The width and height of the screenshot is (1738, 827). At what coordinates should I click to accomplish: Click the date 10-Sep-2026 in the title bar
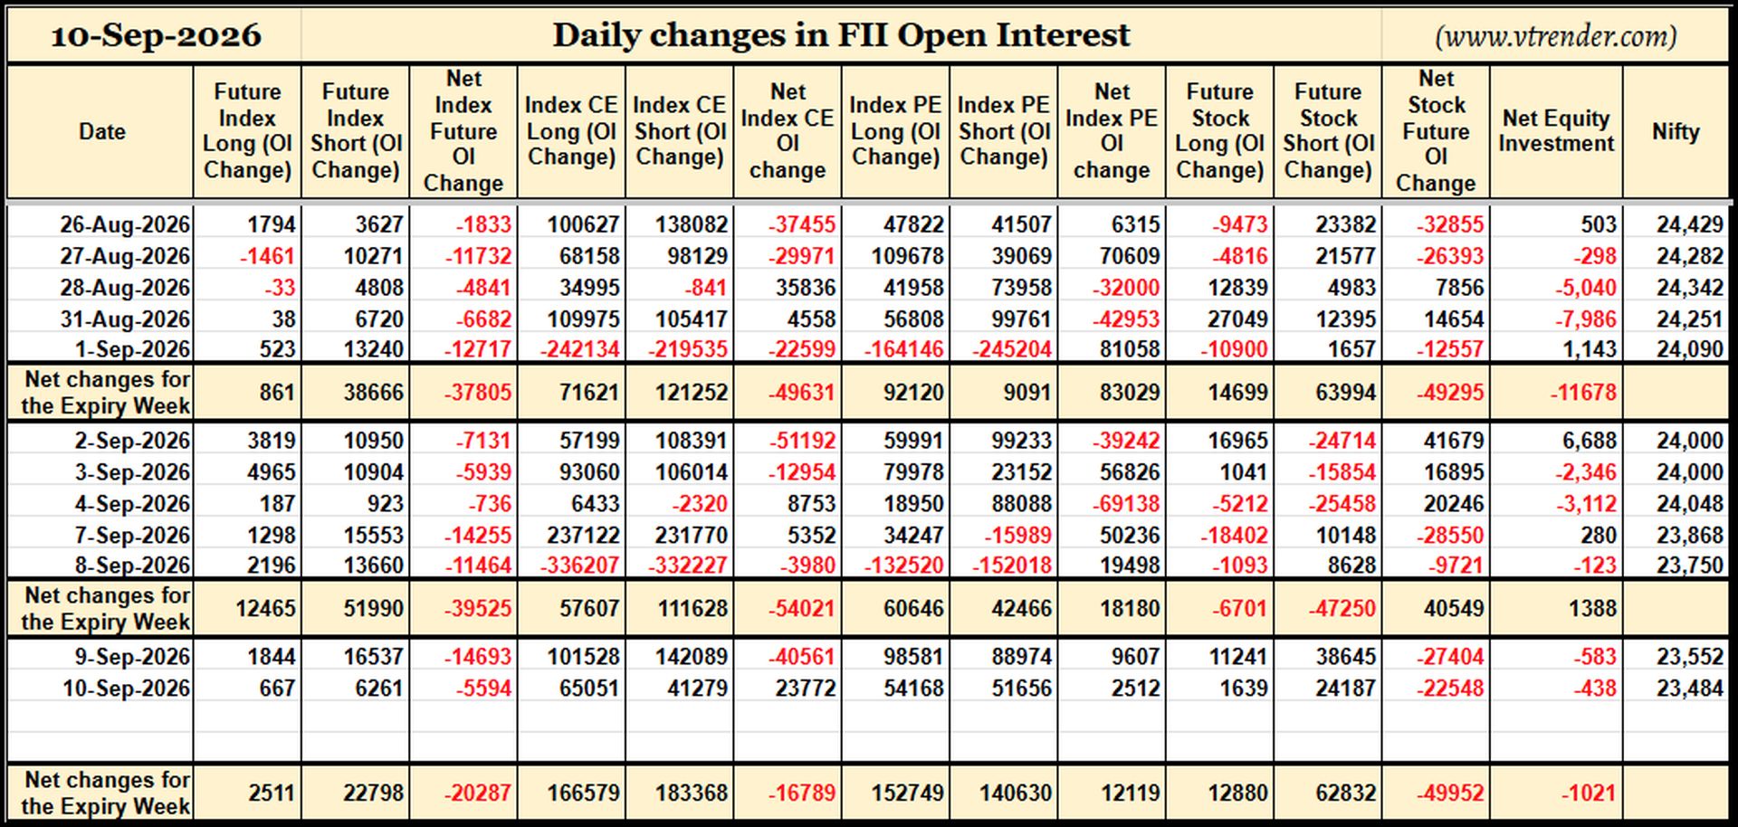156,35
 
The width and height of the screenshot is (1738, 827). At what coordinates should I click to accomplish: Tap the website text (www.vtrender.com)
1555,36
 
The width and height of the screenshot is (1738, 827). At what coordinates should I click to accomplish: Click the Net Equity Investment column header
1556,131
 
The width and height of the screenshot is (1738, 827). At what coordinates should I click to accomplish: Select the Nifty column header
1676,131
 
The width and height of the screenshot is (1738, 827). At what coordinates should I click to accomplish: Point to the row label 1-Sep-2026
132,349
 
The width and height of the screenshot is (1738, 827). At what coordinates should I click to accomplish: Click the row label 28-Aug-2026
125,288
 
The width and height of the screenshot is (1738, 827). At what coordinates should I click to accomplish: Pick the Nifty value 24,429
1690,224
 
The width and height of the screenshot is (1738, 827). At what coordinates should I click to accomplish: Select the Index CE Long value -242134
580,349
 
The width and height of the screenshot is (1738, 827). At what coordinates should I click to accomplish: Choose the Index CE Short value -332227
688,566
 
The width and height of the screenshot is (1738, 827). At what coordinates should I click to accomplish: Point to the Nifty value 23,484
1690,689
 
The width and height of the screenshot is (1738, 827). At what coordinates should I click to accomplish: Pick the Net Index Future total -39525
477,609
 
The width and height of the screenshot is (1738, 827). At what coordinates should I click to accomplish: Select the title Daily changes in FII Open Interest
841,35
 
